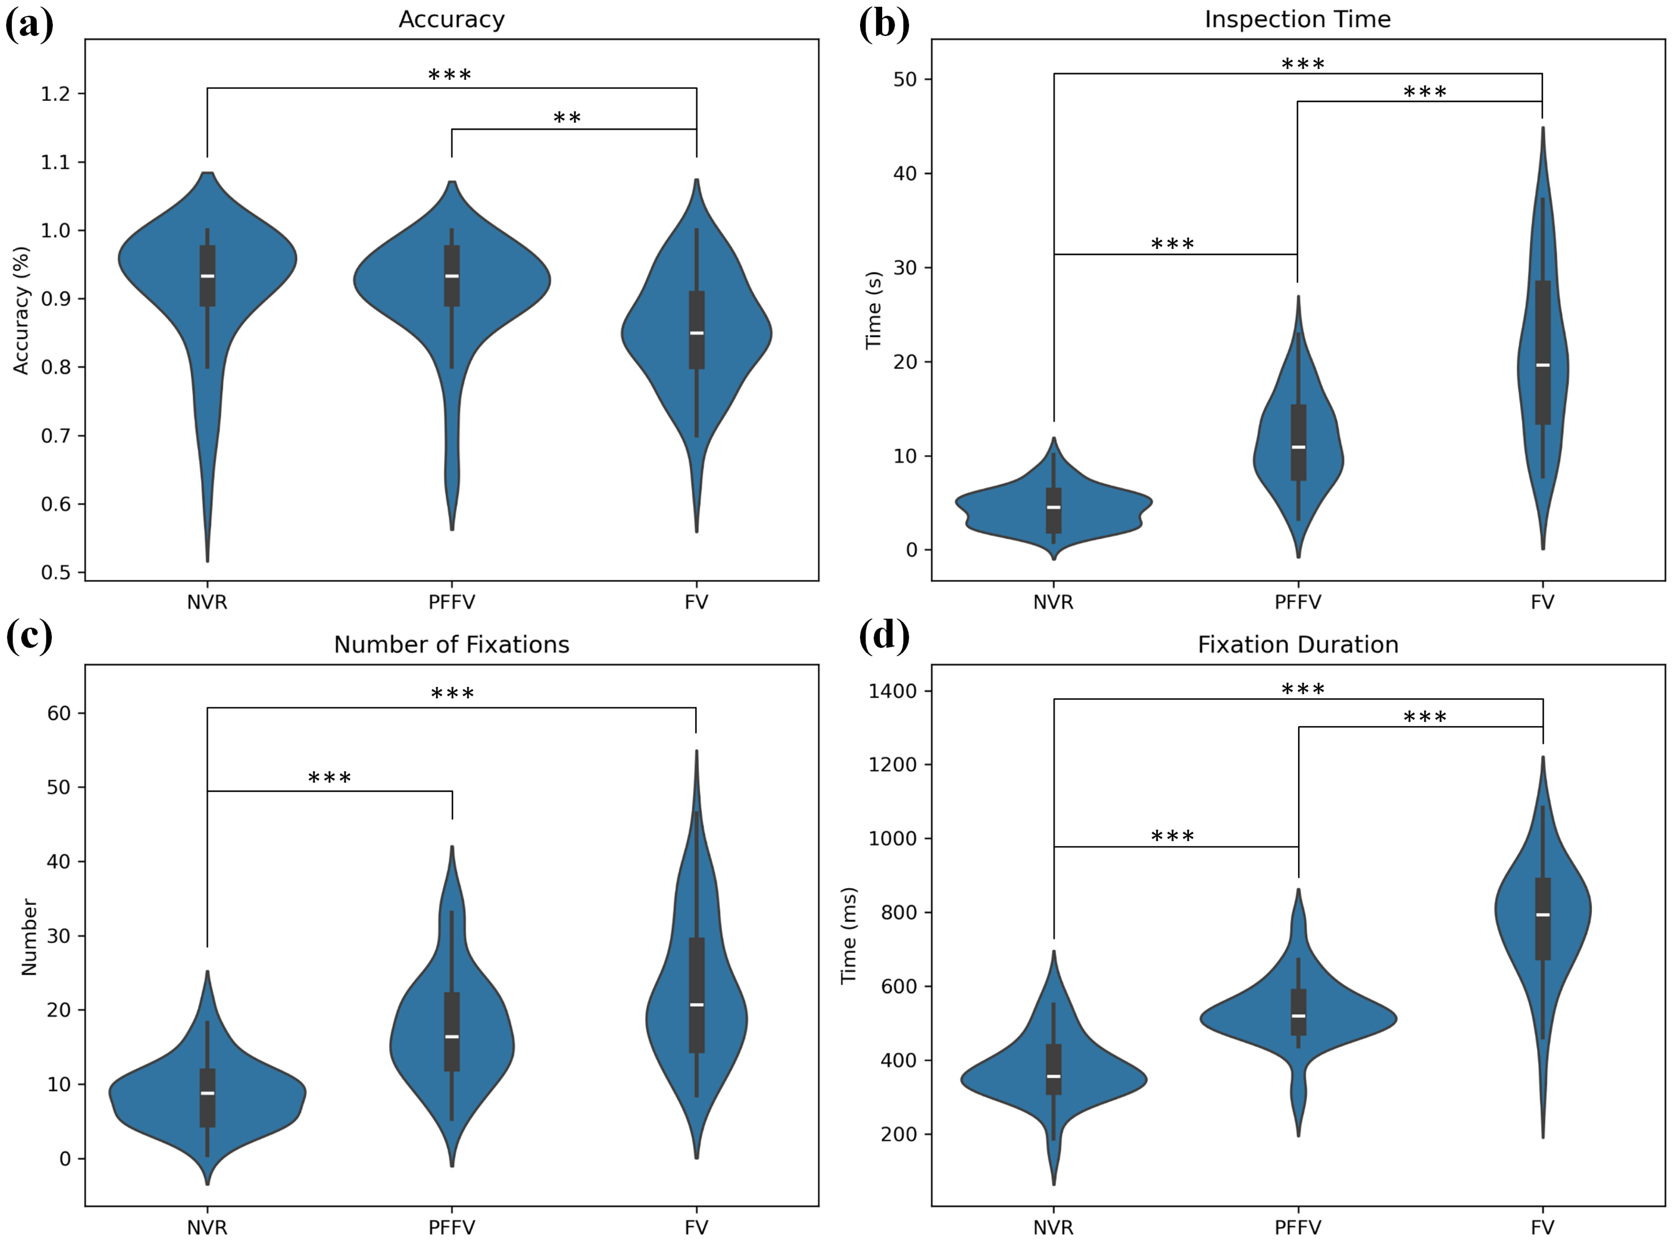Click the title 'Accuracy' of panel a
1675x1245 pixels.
coord(451,19)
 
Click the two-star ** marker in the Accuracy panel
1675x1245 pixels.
coord(566,118)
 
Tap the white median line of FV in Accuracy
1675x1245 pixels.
coord(696,333)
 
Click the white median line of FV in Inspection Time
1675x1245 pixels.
coord(1542,365)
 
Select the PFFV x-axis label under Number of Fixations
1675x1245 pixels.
coord(451,1228)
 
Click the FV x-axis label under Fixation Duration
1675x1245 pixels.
coord(1542,1228)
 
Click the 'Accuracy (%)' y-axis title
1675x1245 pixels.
coord(21,310)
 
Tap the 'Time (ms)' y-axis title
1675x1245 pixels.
coord(849,935)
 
